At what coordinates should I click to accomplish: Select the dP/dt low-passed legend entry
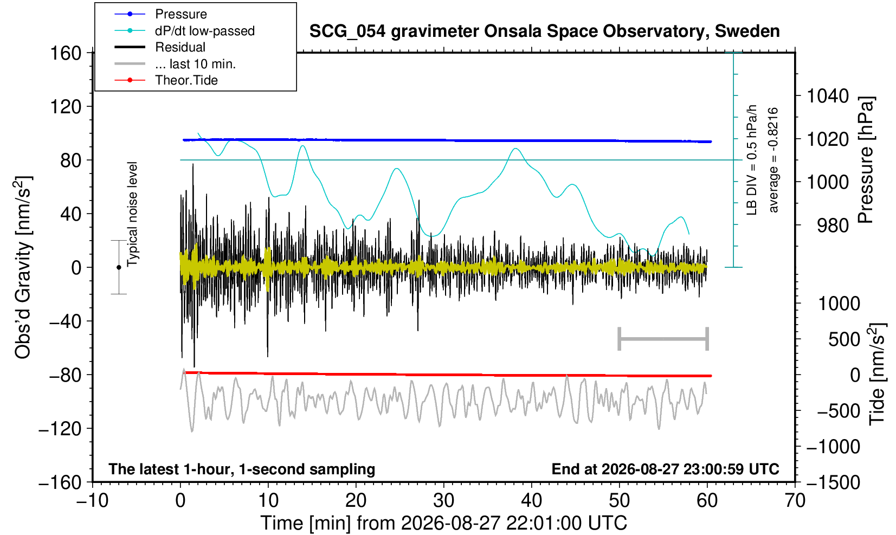184,31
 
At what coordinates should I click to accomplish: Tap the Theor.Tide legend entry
166,80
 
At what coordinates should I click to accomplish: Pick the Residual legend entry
160,47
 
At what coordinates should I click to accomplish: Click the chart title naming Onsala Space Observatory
544,31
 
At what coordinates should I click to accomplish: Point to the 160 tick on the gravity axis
66,53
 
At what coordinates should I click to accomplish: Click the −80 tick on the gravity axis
65,375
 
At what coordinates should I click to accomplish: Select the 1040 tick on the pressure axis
828,96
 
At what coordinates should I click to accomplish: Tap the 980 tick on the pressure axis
833,225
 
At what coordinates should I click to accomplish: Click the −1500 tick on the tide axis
833,482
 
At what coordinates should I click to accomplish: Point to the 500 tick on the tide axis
844,339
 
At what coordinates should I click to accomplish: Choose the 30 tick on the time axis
443,501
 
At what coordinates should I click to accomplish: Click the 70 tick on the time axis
795,501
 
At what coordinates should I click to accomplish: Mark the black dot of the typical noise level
119,267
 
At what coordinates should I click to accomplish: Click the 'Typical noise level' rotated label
132,214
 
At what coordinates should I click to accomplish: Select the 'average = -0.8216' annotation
773,160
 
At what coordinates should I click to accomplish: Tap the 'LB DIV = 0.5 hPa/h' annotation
752,160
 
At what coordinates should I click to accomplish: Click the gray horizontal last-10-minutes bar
663,339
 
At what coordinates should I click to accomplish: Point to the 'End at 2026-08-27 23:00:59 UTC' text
665,469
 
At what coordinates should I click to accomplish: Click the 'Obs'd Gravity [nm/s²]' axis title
23,267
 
